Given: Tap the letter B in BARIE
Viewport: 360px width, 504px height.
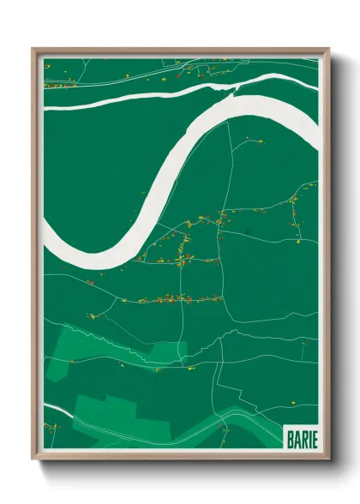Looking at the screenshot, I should (x=288, y=436).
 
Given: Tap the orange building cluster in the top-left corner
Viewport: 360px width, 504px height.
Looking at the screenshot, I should (x=57, y=85).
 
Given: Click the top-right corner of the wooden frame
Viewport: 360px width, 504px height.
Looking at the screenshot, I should (x=327, y=50).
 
